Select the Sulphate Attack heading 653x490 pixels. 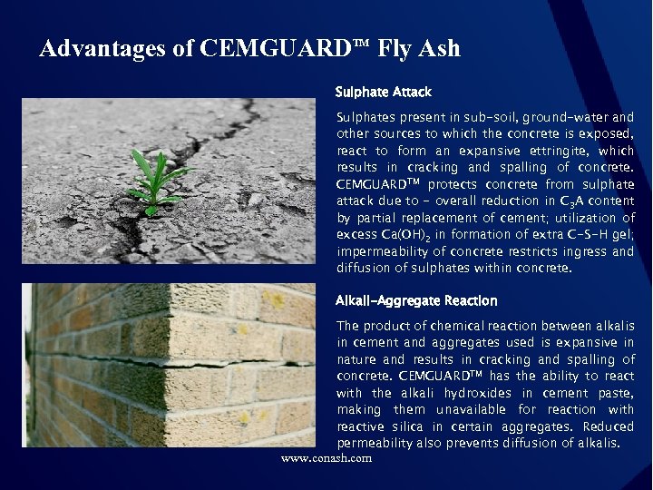[x=383, y=92]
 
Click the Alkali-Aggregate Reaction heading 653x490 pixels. [x=416, y=300]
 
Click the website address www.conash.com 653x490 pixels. [x=326, y=458]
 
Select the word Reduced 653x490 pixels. [x=609, y=426]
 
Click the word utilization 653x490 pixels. [x=581, y=218]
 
